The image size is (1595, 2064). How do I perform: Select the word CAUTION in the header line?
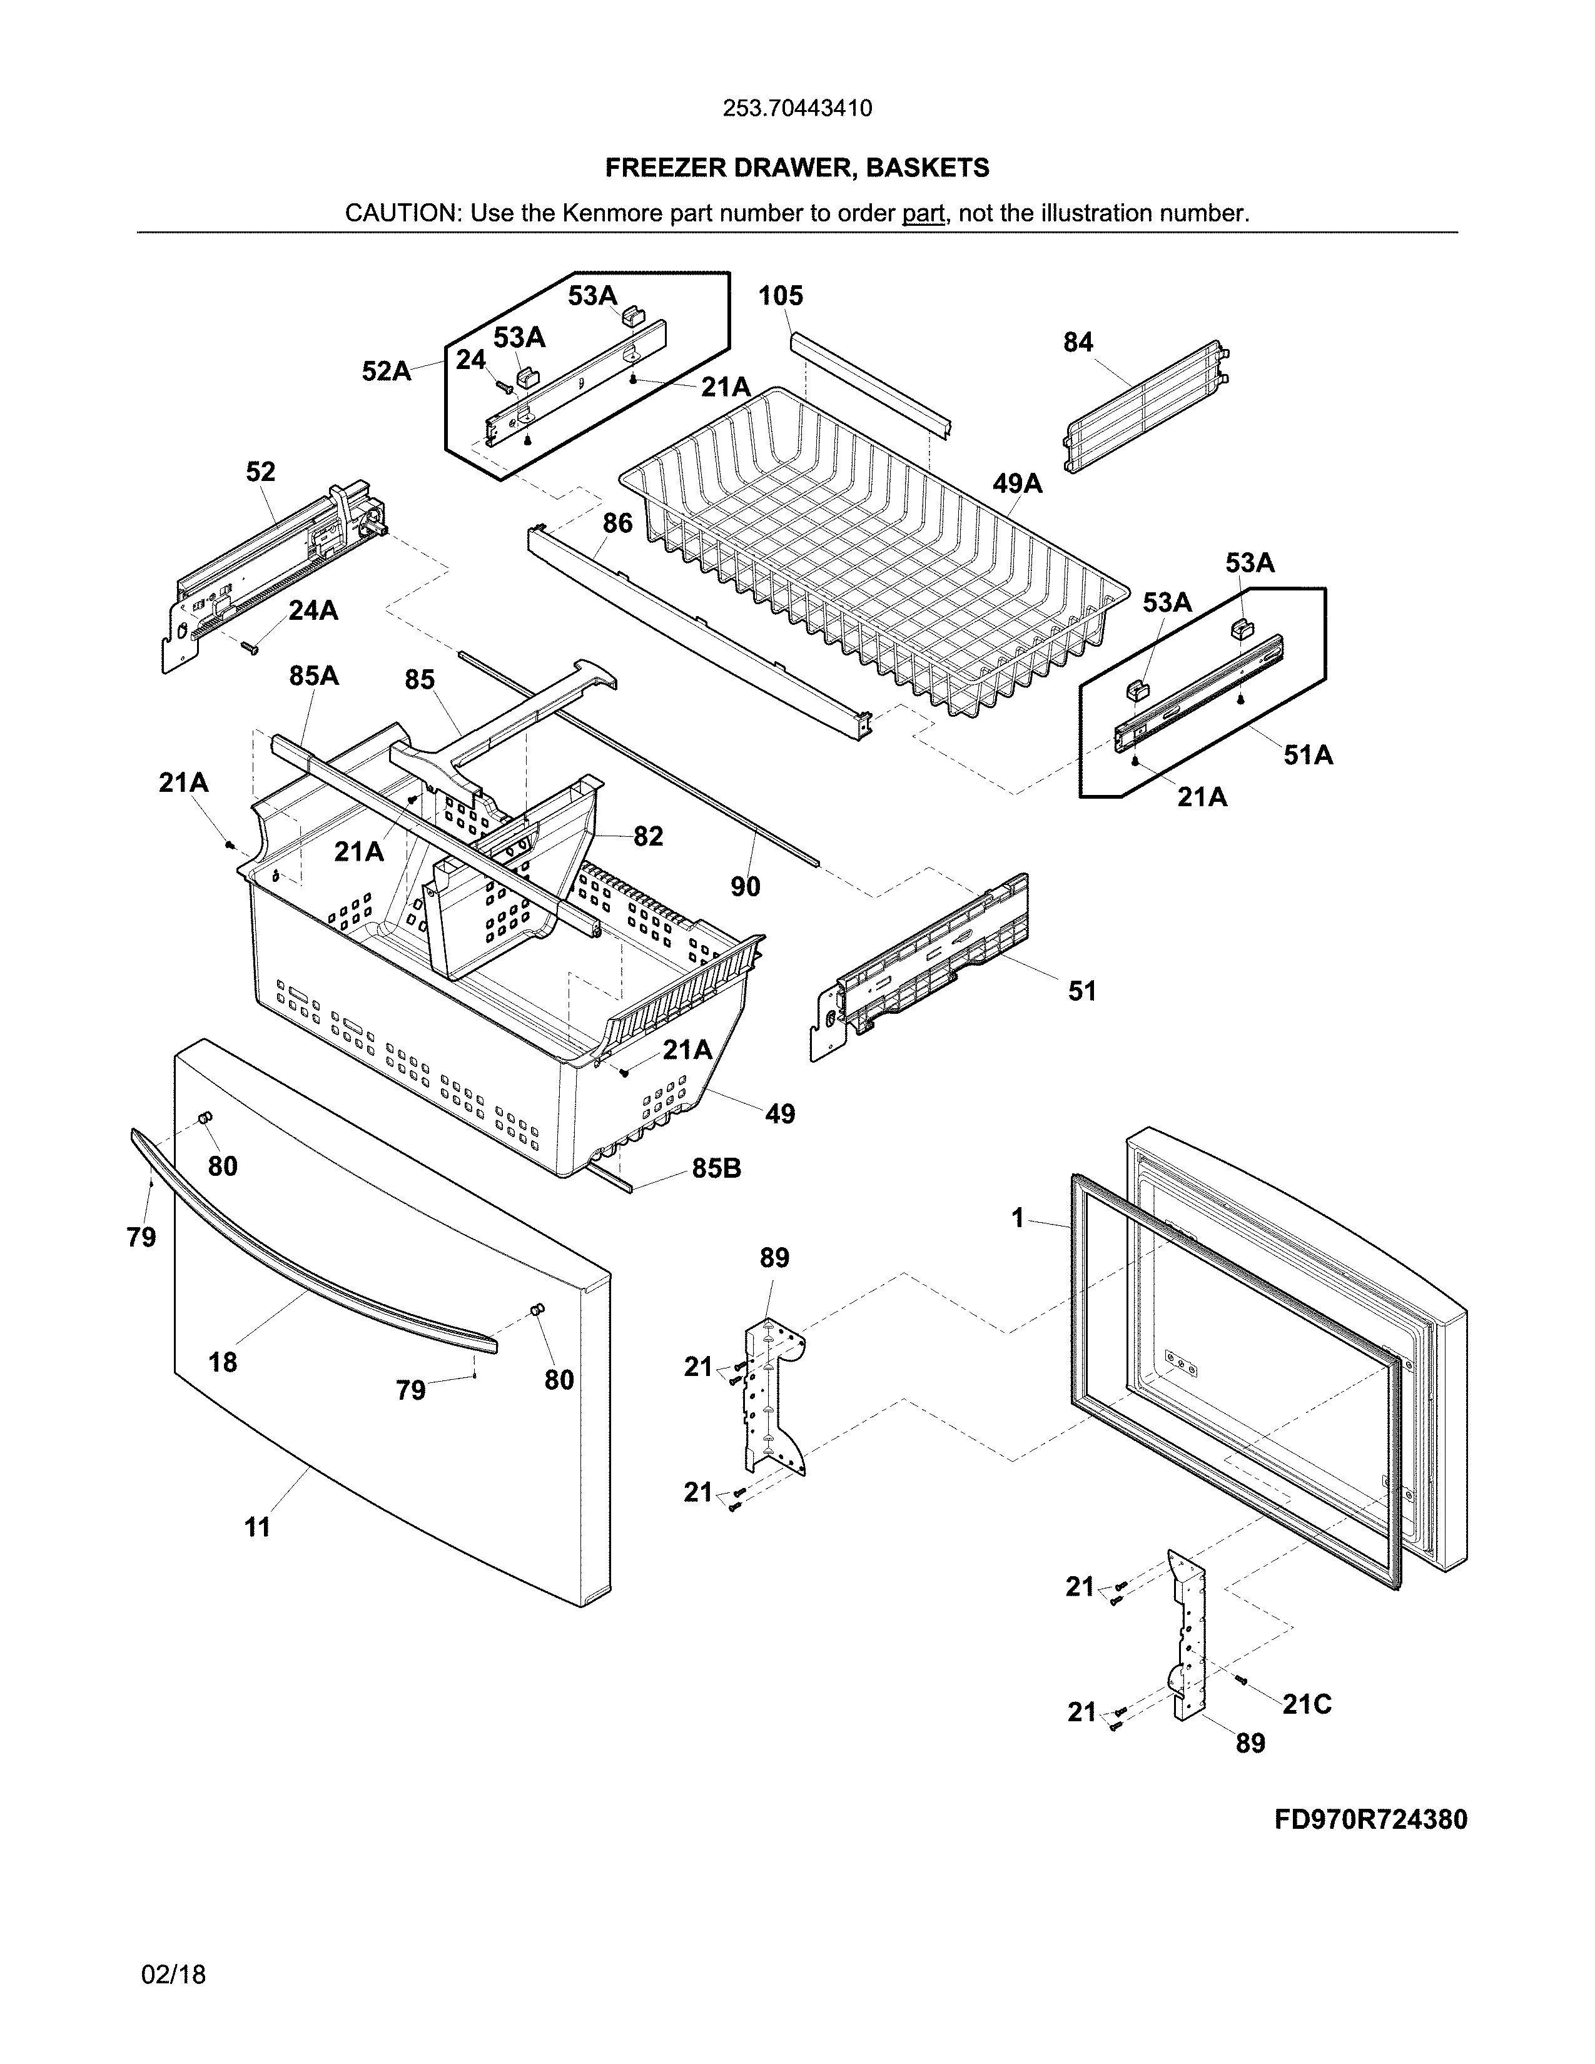[400, 213]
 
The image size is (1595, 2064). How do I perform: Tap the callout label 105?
[781, 296]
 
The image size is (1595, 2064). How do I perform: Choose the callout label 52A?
[387, 372]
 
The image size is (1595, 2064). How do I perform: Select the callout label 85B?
[716, 1169]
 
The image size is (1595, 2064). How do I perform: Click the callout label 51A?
[1308, 754]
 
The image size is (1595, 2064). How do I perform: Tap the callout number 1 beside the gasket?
[1018, 1219]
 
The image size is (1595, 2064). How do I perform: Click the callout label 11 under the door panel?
[257, 1527]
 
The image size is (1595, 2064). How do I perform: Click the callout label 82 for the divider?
[648, 836]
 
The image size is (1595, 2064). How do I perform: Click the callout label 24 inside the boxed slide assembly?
[470, 360]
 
